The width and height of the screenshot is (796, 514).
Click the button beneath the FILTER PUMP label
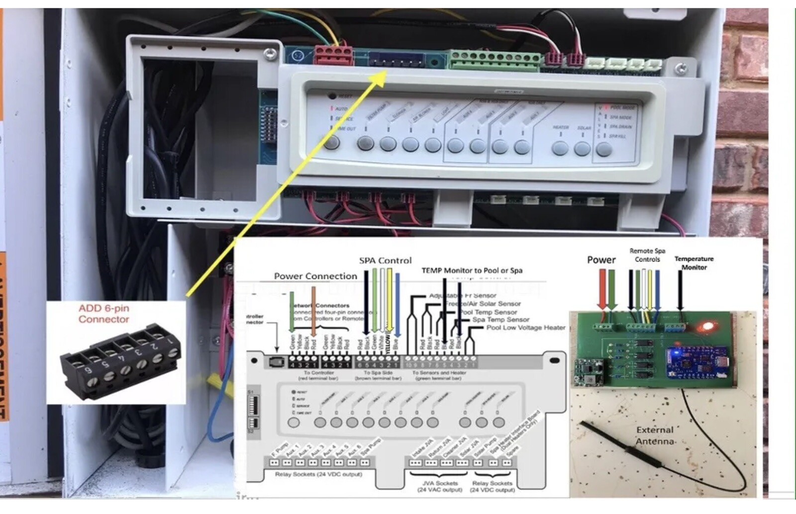pyautogui.click(x=365, y=144)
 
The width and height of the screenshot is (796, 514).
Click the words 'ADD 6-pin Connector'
pyautogui.click(x=103, y=314)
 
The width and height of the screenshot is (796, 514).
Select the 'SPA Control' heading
pyautogui.click(x=385, y=260)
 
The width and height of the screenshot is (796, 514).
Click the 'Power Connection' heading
pyautogui.click(x=315, y=276)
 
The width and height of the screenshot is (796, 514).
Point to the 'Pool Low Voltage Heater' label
pyautogui.click(x=525, y=328)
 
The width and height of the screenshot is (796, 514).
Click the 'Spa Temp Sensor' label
pyautogui.click(x=500, y=320)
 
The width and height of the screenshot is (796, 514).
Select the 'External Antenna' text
pyautogui.click(x=655, y=435)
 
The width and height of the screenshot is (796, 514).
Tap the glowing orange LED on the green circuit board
pyautogui.click(x=704, y=328)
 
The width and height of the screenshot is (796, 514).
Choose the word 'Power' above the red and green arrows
pyautogui.click(x=601, y=259)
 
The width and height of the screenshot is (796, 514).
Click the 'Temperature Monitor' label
pyautogui.click(x=694, y=263)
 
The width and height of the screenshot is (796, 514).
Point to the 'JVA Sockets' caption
pyautogui.click(x=440, y=483)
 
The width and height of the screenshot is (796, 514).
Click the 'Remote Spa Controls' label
pyautogui.click(x=647, y=255)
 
